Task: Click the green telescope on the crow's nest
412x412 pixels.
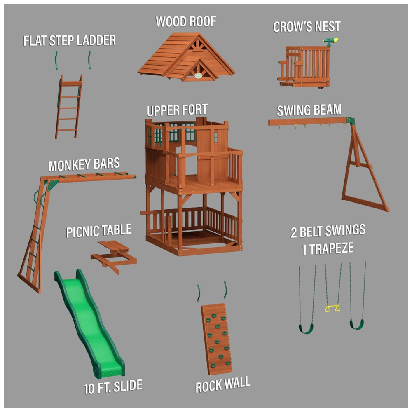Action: tap(330, 41)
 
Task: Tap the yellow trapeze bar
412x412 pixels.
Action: tap(332, 308)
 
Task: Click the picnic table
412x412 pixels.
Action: tap(114, 256)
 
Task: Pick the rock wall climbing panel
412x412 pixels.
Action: tap(217, 339)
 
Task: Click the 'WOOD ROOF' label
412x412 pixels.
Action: tap(186, 21)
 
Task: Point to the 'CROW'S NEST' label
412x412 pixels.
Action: tap(307, 26)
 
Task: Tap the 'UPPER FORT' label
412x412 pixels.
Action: tap(177, 110)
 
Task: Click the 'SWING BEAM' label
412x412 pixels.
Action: tap(309, 110)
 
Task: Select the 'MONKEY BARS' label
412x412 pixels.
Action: tap(84, 165)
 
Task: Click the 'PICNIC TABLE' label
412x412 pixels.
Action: tap(99, 231)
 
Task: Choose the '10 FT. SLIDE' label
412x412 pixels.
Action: tap(113, 386)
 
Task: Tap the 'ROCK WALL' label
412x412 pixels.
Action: tap(223, 384)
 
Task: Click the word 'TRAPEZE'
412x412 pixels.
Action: tap(331, 248)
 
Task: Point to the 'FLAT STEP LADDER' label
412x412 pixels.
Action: tap(69, 40)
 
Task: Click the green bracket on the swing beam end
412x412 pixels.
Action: tap(351, 121)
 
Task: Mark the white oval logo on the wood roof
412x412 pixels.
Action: tap(199, 76)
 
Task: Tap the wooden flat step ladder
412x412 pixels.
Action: tap(68, 106)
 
